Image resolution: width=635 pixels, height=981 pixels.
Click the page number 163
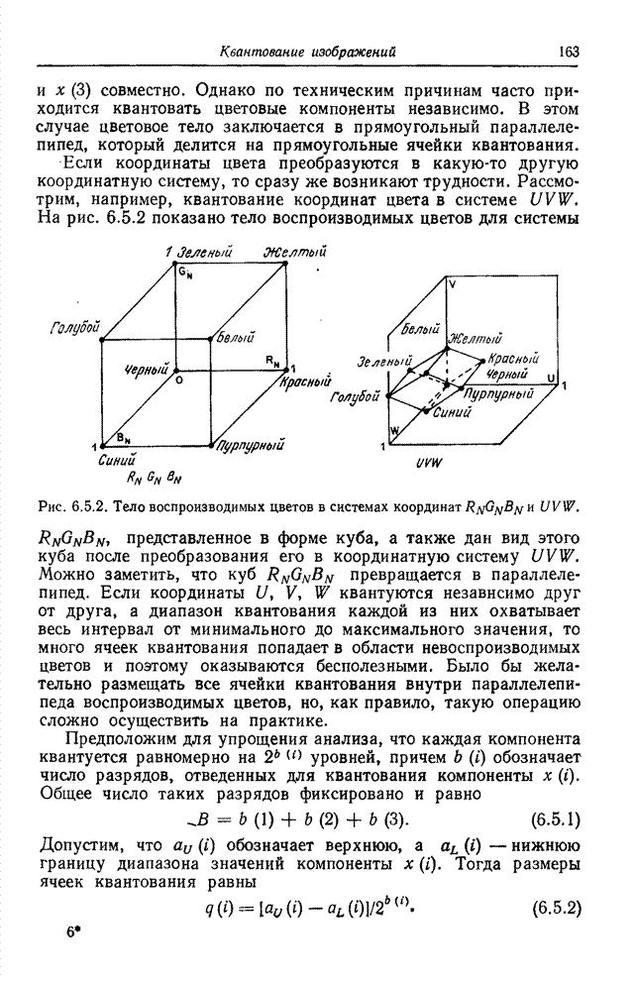point(569,52)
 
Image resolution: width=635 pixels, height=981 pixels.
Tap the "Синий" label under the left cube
point(117,460)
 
